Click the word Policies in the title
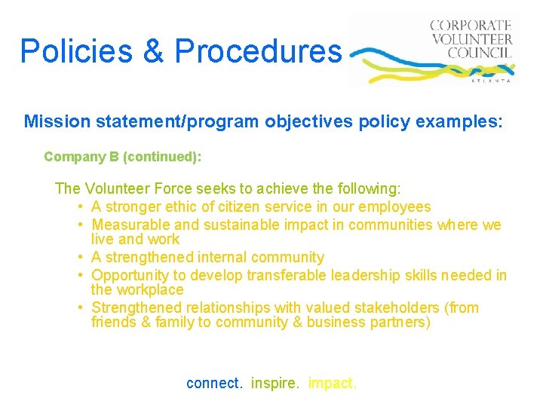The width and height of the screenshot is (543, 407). pyautogui.click(x=69, y=51)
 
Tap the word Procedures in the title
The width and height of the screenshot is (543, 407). pyautogui.click(x=258, y=51)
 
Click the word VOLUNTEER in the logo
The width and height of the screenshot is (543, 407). pyautogui.click(x=471, y=39)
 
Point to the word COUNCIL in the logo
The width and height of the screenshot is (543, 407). pyautogui.click(x=480, y=53)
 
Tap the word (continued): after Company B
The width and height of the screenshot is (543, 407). pyautogui.click(x=162, y=157)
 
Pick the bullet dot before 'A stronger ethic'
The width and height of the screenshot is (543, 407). pyautogui.click(x=79, y=207)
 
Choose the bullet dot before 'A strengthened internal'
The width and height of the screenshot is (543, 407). pyautogui.click(x=79, y=258)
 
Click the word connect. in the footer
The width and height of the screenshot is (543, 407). pyautogui.click(x=215, y=383)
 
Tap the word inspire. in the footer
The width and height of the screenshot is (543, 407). pyautogui.click(x=275, y=383)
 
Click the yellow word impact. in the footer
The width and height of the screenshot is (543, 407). pyautogui.click(x=332, y=383)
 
